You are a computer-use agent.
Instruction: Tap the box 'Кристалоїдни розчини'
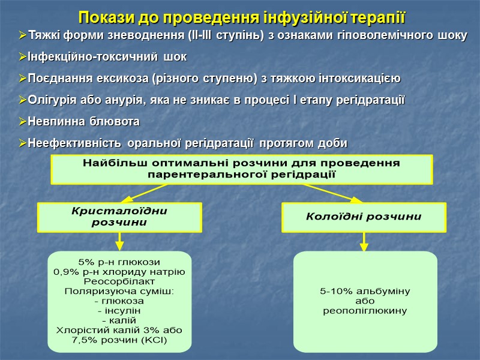119,217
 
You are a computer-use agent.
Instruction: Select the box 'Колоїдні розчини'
364,217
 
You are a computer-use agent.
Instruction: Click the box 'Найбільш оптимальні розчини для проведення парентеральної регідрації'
242,169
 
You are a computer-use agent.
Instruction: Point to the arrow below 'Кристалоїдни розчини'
119,241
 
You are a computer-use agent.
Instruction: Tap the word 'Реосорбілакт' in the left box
119,281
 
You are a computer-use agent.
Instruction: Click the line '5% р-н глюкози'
119,262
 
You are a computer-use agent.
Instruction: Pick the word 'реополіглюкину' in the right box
365,311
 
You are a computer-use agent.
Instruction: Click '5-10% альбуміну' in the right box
365,292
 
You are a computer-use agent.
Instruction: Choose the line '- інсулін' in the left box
119,311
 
